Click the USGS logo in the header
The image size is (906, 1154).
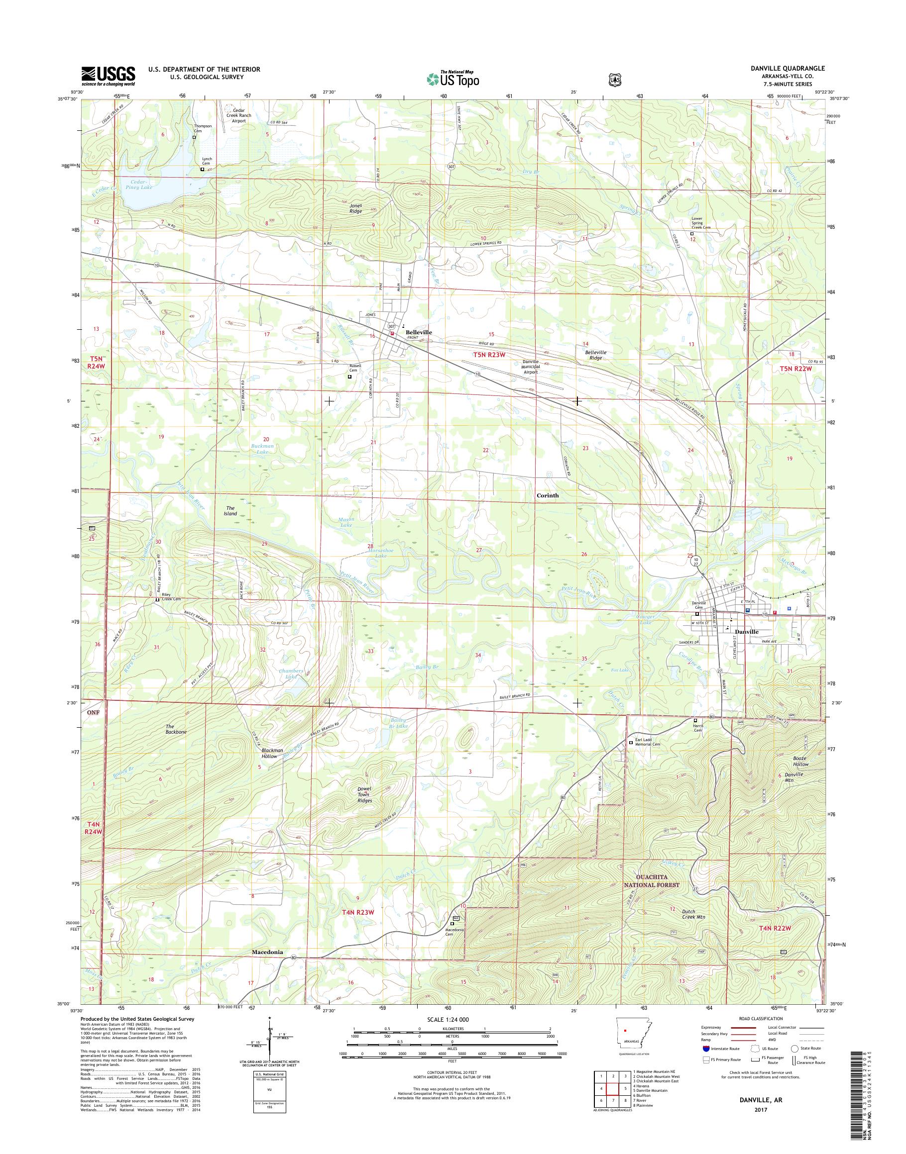[108, 76]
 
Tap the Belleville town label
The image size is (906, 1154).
[419, 332]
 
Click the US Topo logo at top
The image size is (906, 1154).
[453, 79]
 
